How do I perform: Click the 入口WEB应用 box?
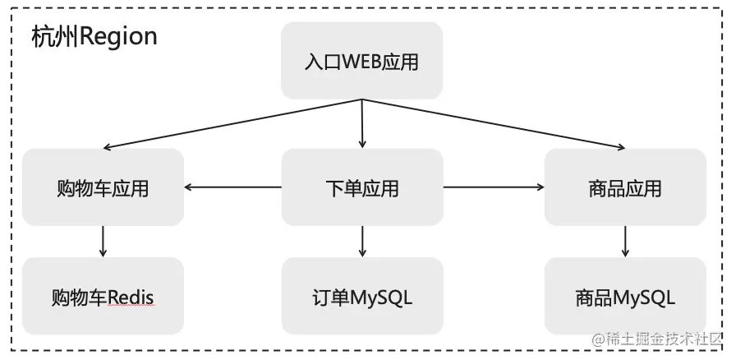(361, 61)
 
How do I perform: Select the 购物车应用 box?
(103, 187)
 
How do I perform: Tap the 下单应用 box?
(361, 187)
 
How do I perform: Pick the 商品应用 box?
(625, 187)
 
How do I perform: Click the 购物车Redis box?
(103, 296)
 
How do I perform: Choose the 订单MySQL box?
(361, 296)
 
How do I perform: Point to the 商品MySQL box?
(625, 296)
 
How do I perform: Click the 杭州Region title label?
(94, 37)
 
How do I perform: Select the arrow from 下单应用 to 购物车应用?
(233, 187)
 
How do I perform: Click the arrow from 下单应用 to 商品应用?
(494, 187)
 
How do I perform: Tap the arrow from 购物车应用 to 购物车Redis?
(103, 241)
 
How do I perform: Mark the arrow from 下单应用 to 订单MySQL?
(361, 241)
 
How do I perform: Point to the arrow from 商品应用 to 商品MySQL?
(625, 241)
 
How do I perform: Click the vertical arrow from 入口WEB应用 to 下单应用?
(361, 123)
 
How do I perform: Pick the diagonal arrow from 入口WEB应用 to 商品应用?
(493, 124)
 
